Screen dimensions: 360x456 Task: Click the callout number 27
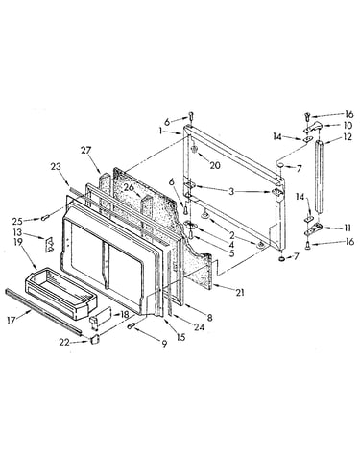(86, 150)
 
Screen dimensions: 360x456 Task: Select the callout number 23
(56, 167)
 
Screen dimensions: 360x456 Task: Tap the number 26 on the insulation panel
(130, 187)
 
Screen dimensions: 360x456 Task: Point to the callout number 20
(215, 165)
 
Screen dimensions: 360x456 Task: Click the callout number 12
(348, 137)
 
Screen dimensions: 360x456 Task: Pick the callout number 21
(240, 292)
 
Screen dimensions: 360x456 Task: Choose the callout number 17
(12, 320)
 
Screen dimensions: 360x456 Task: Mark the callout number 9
(164, 344)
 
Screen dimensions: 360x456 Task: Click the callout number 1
(160, 131)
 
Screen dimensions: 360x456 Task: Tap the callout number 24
(199, 327)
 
